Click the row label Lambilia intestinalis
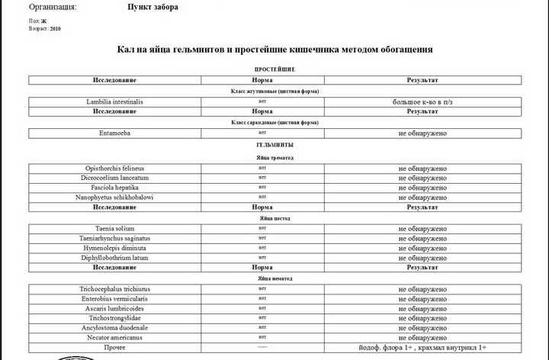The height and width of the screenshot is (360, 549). coord(115,101)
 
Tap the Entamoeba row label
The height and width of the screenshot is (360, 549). coord(115,133)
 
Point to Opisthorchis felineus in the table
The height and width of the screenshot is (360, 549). coord(115,168)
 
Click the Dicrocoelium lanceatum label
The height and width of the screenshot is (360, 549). coord(115,178)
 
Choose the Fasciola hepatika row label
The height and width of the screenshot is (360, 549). coord(115,188)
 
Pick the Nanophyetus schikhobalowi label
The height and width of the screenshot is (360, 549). coord(115,198)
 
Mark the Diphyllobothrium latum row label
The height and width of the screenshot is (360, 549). coord(115,258)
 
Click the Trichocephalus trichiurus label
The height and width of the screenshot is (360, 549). coord(115,290)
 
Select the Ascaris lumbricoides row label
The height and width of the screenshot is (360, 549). coord(115,309)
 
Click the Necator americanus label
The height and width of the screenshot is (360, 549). coord(115,336)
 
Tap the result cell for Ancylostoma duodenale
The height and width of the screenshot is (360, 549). coord(422,327)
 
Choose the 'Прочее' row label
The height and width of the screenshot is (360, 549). coord(115,346)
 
